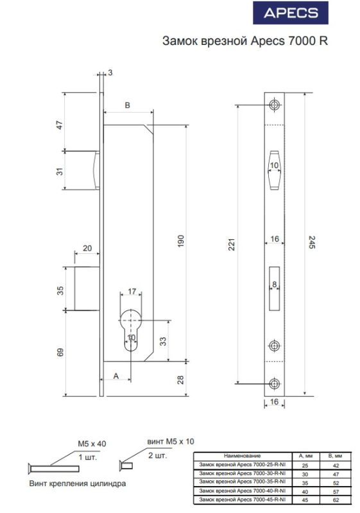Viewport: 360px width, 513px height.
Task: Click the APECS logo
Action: [x=291, y=13]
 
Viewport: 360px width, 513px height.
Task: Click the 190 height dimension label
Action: [x=181, y=241]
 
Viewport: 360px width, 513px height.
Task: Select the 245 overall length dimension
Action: [x=312, y=242]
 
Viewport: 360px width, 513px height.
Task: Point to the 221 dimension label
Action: [x=232, y=244]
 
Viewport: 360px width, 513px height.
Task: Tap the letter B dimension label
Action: [x=128, y=105]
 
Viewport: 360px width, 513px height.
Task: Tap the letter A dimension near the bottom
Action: [x=116, y=376]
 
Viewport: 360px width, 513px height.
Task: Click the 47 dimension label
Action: [x=60, y=125]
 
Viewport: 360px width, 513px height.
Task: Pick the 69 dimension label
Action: [x=60, y=352]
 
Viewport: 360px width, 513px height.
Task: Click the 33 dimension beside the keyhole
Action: [x=162, y=341]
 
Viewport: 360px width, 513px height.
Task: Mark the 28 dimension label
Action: [x=180, y=380]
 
